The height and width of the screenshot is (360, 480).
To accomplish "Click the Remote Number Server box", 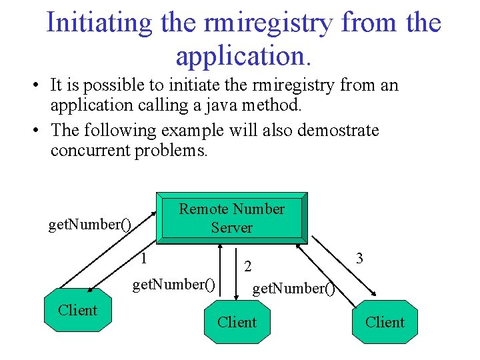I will click(x=231, y=218).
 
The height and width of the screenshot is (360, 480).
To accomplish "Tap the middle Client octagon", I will click(x=237, y=323).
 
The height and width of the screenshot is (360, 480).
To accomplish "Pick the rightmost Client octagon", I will click(x=385, y=323).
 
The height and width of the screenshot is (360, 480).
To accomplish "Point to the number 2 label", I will click(x=247, y=267).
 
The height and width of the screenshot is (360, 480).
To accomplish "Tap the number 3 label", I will click(x=359, y=258).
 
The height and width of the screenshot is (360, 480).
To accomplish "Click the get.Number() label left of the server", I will click(x=89, y=224).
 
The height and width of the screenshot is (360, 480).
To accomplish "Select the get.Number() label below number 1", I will click(x=173, y=285).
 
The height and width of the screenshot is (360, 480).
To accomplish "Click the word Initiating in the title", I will click(x=99, y=23).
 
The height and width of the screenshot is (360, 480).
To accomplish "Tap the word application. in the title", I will click(x=243, y=56).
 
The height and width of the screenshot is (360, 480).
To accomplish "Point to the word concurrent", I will click(x=90, y=150).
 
